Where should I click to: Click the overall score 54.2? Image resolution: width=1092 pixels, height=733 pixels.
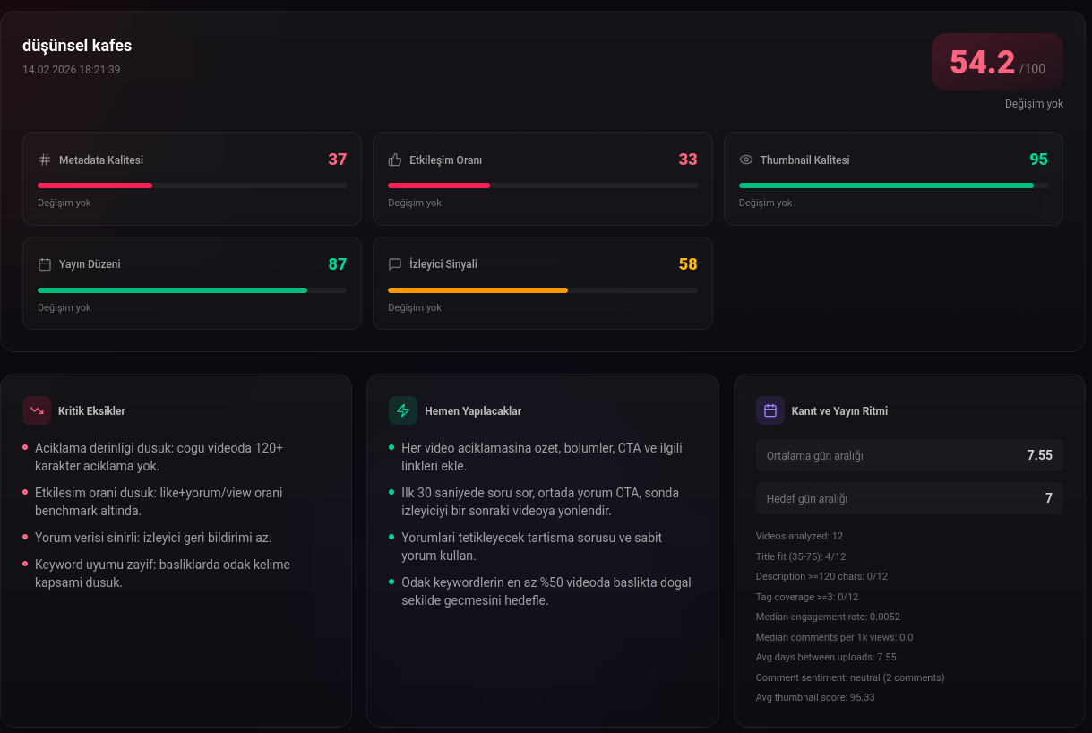[982, 62]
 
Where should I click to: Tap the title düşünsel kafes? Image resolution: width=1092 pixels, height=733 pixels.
[77, 46]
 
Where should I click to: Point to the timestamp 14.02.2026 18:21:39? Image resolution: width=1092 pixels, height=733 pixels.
[72, 69]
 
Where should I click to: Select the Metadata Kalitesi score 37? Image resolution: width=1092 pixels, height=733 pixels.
[337, 160]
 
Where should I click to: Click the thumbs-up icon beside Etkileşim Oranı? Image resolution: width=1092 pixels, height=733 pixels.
[395, 160]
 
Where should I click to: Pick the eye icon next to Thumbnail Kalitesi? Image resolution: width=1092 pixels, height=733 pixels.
[746, 160]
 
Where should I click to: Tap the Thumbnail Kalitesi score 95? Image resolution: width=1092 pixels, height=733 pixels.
[1038, 160]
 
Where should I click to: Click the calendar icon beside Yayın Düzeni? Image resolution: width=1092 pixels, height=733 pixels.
[45, 264]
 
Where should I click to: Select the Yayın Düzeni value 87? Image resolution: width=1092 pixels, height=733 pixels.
[337, 264]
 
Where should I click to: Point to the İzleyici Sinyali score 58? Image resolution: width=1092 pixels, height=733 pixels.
[688, 264]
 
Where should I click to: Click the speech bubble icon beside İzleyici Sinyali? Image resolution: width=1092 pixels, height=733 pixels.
[395, 264]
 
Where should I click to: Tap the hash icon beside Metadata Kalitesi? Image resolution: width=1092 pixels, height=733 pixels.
[45, 160]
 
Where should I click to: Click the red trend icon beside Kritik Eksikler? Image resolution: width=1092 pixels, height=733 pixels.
[37, 410]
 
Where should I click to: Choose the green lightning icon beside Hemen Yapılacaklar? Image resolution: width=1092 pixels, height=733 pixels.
[403, 410]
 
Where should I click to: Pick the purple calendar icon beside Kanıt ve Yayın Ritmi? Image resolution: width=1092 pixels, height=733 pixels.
[770, 410]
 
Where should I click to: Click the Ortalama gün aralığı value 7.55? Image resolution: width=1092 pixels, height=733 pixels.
[1039, 455]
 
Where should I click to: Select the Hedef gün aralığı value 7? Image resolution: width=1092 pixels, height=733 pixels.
[1049, 498]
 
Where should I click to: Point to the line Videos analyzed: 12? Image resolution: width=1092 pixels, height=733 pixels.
[799, 536]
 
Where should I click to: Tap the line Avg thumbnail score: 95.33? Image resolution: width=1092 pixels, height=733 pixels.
[815, 697]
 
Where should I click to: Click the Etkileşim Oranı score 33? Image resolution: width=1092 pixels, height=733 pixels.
[688, 160]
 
